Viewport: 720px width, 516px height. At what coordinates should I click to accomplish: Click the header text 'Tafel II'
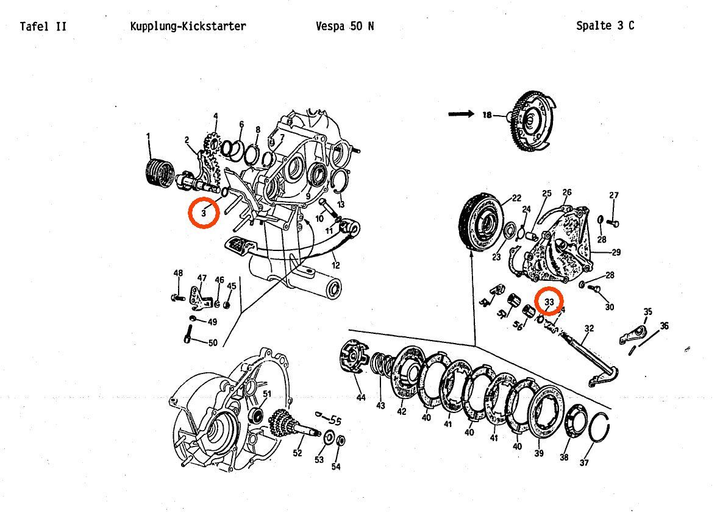[43, 26]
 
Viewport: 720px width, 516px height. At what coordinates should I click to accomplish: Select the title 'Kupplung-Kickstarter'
[188, 26]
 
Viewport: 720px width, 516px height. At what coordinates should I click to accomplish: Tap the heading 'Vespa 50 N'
[345, 26]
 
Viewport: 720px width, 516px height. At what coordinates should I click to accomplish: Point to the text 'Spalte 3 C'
[605, 26]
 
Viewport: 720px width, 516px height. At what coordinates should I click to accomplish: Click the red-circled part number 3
[203, 213]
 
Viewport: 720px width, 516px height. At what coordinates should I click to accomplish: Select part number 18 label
[487, 115]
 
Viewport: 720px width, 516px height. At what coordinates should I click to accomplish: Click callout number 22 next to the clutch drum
[516, 197]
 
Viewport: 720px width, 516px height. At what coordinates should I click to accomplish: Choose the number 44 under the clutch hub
[361, 398]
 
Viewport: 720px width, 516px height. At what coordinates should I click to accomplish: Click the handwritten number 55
[335, 420]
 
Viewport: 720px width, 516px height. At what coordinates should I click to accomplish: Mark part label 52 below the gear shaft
[298, 453]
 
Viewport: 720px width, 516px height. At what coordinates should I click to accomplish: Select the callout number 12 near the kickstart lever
[336, 265]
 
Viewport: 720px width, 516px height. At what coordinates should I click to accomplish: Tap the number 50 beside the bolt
[213, 343]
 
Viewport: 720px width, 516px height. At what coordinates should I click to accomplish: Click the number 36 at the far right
[664, 326]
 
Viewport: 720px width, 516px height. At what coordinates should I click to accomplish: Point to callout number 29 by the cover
[615, 252]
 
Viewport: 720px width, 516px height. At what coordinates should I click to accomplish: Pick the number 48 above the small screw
[178, 274]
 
